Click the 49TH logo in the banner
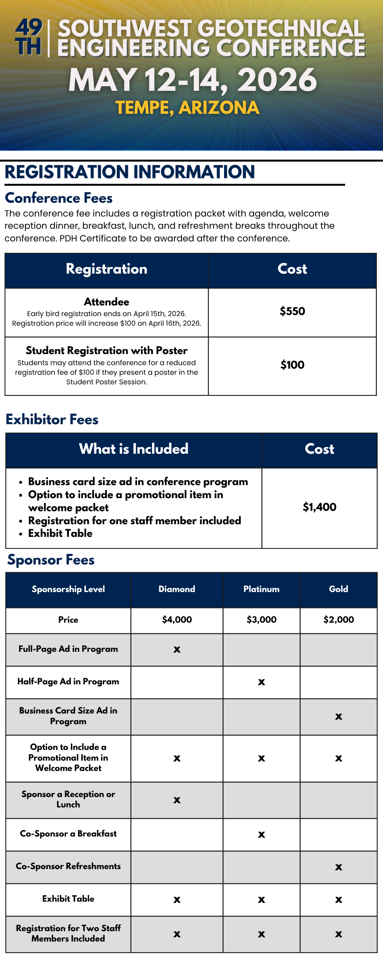tap(28, 37)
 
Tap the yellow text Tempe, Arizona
tap(188, 108)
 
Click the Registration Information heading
tap(130, 172)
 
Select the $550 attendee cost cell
tap(292, 311)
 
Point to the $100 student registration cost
tap(292, 365)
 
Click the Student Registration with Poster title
tap(106, 351)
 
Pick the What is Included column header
tap(134, 449)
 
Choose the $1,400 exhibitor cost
tap(319, 507)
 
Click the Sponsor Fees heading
tap(51, 560)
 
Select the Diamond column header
tap(177, 589)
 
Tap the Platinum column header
tap(261, 589)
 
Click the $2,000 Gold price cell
tap(339, 620)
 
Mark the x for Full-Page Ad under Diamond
tap(177, 650)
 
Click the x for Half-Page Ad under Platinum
tap(262, 682)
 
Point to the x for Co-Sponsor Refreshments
tap(339, 867)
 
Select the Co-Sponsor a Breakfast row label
tap(68, 833)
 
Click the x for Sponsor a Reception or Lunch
tap(177, 800)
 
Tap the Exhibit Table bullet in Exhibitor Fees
tap(60, 533)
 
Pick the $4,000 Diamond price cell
tap(177, 620)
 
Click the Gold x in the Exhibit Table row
tap(339, 900)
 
